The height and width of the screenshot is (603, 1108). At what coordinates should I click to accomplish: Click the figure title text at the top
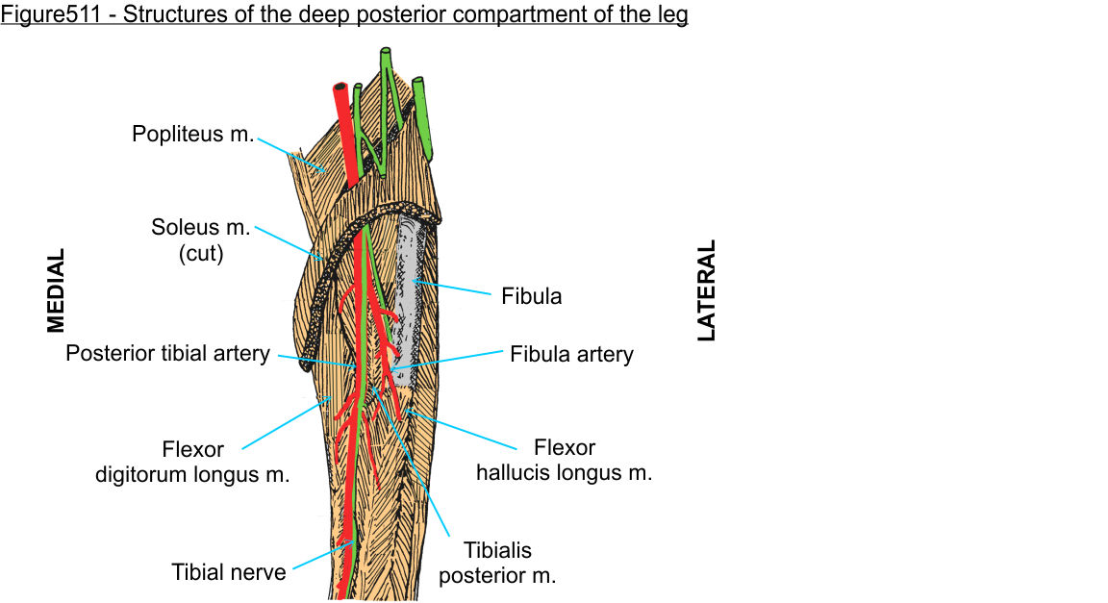[344, 16]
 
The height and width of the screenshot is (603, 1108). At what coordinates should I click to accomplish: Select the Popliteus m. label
[192, 135]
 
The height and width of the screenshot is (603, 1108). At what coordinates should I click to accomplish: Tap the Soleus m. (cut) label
[200, 241]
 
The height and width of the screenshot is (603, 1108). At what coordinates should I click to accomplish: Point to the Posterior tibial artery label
[167, 354]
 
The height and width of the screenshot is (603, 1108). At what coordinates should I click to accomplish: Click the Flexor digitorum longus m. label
[192, 462]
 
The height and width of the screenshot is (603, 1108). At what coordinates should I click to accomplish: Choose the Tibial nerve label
[229, 573]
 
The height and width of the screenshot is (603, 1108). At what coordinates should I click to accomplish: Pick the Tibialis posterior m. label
[497, 564]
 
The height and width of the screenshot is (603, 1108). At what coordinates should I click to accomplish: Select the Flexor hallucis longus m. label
[565, 461]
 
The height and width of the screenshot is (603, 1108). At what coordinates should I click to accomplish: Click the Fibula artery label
[571, 355]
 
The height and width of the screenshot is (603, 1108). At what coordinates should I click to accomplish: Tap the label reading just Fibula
[531, 296]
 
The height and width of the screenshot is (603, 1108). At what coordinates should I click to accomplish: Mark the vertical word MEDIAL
[57, 290]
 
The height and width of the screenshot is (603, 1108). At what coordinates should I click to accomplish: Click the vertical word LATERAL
[707, 290]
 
